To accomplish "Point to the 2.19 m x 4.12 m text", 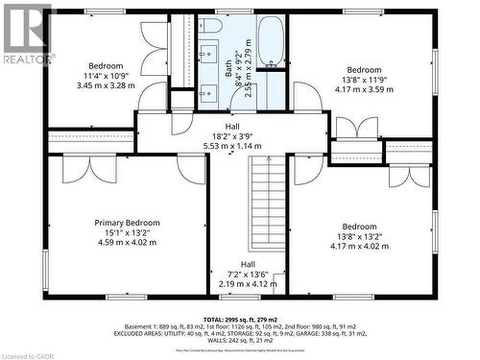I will coord(248,284).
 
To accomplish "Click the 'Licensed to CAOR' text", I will coord(30,353).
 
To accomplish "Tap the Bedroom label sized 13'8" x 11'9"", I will coord(364,70).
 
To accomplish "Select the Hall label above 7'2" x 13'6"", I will coord(248,264).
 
